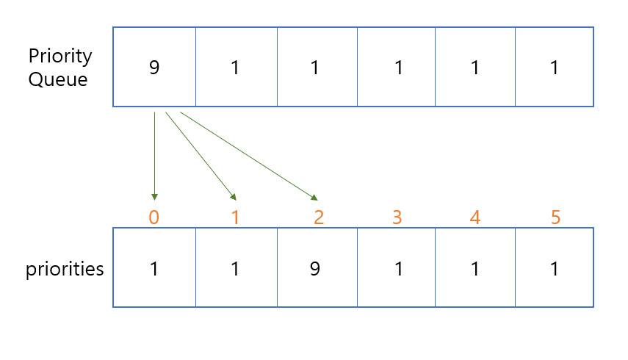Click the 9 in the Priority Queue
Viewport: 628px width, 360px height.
tap(154, 68)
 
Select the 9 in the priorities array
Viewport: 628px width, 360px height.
tap(314, 269)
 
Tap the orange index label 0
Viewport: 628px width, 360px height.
tap(154, 218)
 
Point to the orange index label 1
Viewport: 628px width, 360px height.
tap(235, 218)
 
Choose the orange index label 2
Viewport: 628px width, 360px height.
tap(317, 218)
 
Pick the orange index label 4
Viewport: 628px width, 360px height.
tap(475, 218)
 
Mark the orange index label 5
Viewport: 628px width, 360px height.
tap(555, 218)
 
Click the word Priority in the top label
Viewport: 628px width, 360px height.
tap(60, 57)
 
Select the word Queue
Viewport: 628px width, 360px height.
tap(58, 80)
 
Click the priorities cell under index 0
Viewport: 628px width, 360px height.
tap(154, 267)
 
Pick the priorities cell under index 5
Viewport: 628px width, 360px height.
tap(555, 267)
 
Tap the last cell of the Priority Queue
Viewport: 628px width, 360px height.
tap(555, 68)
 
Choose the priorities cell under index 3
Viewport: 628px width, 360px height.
tap(397, 267)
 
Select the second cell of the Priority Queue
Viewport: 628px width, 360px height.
tap(236, 68)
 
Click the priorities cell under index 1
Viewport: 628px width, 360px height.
tap(236, 267)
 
